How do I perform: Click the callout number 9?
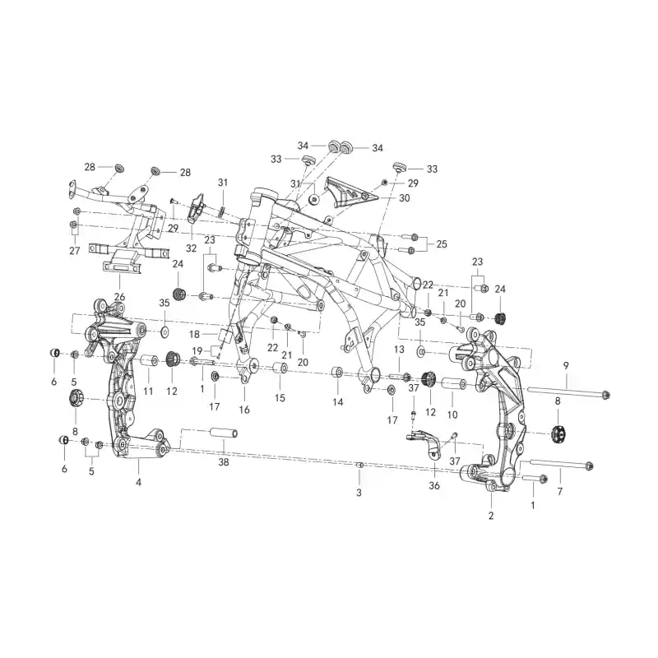point(566,365)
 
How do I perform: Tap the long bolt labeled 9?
point(568,392)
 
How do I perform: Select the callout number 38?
point(224,462)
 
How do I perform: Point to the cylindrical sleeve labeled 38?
point(224,434)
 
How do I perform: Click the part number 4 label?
point(138,482)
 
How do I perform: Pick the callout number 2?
point(491,516)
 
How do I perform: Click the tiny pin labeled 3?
point(359,465)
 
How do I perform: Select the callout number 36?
point(434,485)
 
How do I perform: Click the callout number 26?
point(119,297)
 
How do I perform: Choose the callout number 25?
point(442,243)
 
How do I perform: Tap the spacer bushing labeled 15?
point(280,368)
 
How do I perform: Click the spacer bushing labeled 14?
point(338,373)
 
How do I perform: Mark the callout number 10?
point(452,415)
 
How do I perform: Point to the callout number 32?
point(191,248)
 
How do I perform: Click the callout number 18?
point(194,334)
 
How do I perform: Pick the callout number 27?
point(74,251)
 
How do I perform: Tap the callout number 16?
point(243,410)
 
